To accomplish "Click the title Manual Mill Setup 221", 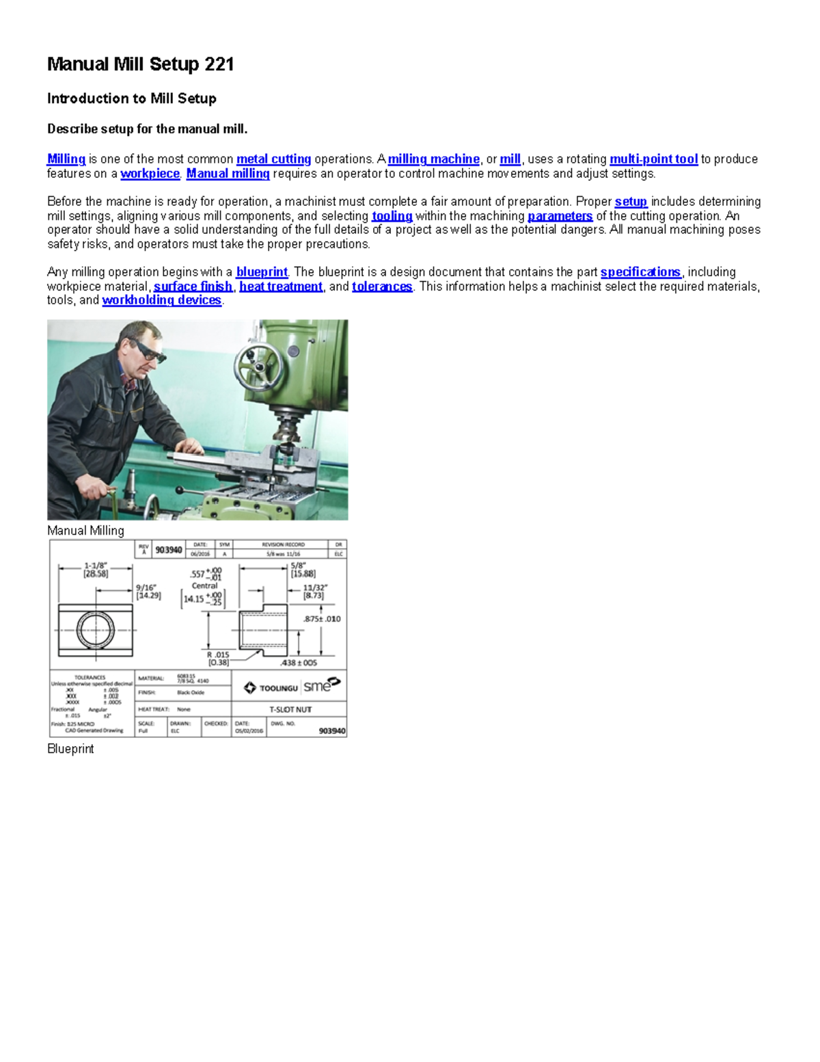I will pos(140,64).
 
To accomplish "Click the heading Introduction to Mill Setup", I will pos(131,98).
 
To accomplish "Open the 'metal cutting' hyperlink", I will pos(273,159).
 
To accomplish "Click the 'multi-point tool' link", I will pos(653,159).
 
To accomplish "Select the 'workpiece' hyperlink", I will pos(150,174).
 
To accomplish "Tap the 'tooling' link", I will pos(392,216).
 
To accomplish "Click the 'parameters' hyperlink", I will pos(560,216).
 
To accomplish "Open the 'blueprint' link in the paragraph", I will pos(262,272).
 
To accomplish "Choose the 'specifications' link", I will pos(640,272).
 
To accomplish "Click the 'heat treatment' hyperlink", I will pos(280,287).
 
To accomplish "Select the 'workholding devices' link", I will pos(161,300).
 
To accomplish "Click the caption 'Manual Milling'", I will pos(85,531).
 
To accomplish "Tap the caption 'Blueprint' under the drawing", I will pos(70,749).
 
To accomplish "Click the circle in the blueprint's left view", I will pos(95,630).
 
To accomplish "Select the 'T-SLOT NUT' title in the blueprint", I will pos(290,710).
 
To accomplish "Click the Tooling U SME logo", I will pos(292,687).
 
